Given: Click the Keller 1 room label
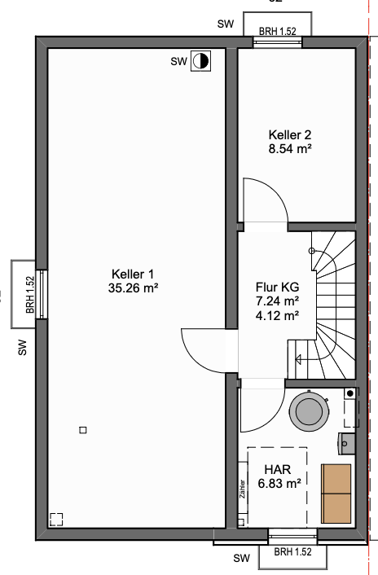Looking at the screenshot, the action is coord(133,274).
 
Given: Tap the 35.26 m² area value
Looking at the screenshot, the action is coord(133,287).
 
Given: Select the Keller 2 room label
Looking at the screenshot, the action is coord(290,135).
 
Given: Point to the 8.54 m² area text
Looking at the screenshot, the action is coord(290,148).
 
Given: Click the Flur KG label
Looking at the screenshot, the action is coord(277,287).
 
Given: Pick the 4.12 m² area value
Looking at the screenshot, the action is coord(277,314).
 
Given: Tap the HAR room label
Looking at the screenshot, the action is coord(278,469).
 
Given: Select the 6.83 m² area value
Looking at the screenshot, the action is coord(279,483).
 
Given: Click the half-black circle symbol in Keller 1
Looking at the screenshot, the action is coord(200,61).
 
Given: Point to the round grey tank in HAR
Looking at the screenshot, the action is coord(309,410).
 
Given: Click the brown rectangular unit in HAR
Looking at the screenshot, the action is coord(336,494).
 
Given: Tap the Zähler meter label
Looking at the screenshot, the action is coord(242,489).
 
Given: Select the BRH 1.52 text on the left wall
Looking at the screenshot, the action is coord(30,295).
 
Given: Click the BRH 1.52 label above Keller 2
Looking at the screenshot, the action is coord(277,31).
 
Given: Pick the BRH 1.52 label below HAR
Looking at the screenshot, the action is coord(292,551).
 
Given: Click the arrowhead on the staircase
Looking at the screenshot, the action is coord(298,359).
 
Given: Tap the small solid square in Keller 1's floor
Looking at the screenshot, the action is coord(83,430).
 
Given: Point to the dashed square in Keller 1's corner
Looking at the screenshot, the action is coord(56,520).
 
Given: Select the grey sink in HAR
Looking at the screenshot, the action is coord(346,444).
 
